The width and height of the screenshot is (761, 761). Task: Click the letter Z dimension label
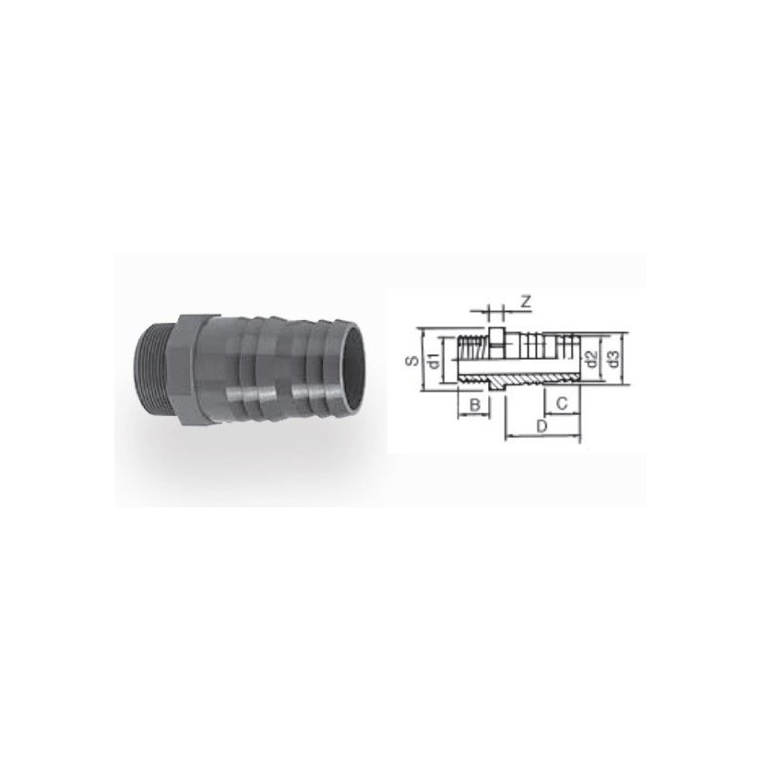pos(524,301)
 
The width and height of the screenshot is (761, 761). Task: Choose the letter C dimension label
pos(562,405)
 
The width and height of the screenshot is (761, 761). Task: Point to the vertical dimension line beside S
pos(422,359)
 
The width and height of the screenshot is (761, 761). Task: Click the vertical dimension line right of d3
pos(627,359)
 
